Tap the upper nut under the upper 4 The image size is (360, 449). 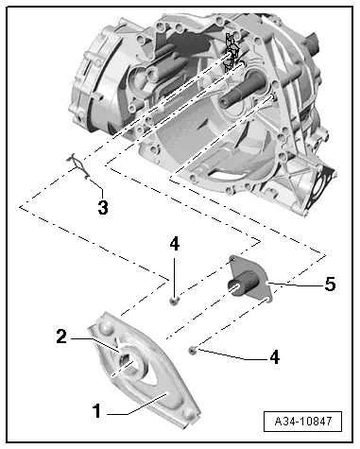pyautogui.click(x=176, y=301)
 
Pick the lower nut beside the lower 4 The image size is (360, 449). pyautogui.click(x=192, y=351)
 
